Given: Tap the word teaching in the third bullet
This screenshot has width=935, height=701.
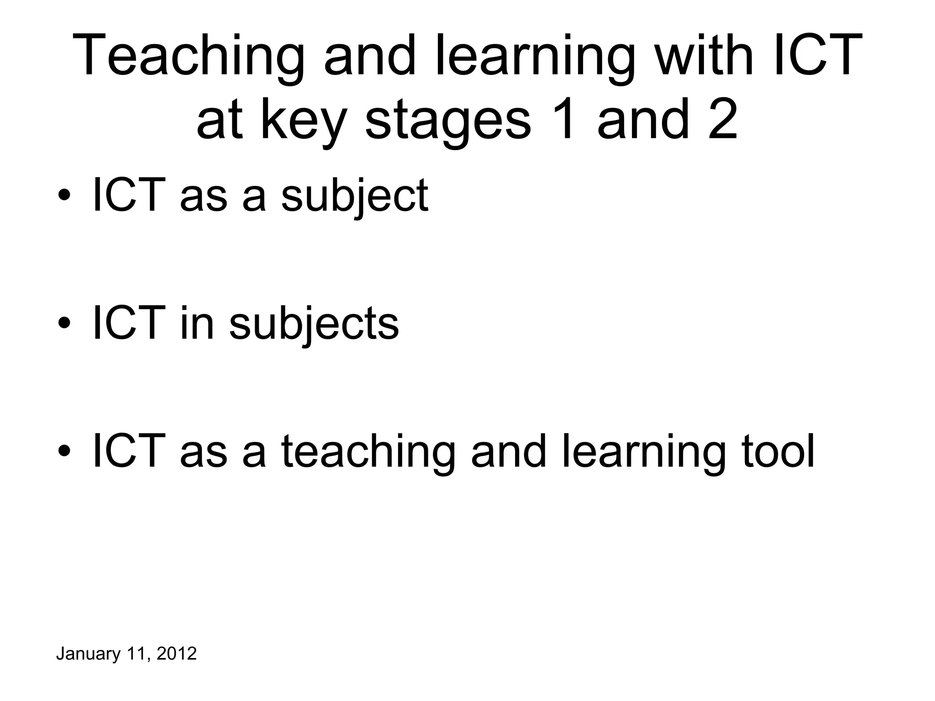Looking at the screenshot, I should [x=368, y=452].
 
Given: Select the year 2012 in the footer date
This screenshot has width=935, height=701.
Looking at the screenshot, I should [x=176, y=654].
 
